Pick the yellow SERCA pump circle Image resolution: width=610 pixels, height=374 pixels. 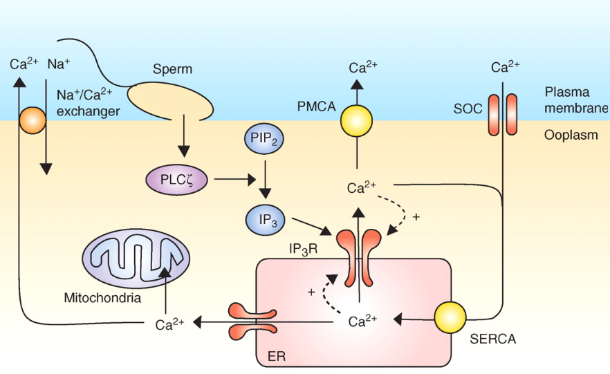[452, 319]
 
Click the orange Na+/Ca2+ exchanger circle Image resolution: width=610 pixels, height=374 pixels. [32, 122]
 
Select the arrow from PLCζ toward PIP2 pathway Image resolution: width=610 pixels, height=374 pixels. [235, 181]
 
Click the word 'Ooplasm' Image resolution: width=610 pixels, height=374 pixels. [571, 136]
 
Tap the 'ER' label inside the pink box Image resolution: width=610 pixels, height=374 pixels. [275, 357]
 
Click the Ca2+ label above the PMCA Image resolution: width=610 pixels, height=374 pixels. [362, 68]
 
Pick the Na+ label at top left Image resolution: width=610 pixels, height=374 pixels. [58, 64]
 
